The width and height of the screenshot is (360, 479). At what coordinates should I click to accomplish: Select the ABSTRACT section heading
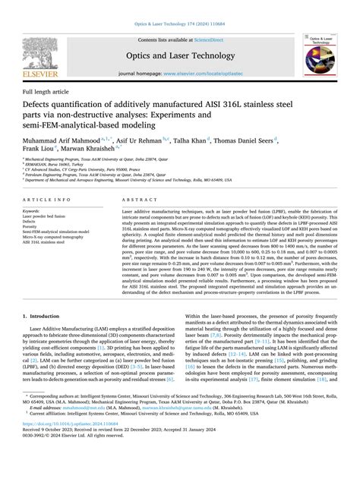[136, 200]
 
